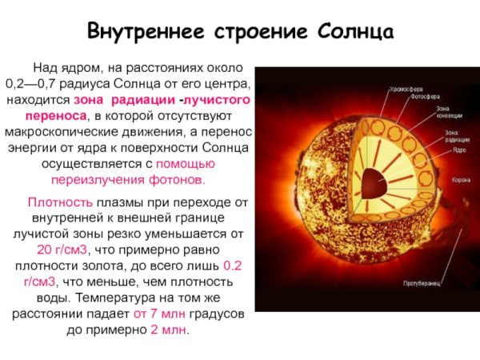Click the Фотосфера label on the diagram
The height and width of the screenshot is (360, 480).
point(424,98)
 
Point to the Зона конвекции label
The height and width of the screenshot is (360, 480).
point(447,111)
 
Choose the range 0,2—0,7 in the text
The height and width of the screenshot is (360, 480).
point(33,83)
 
